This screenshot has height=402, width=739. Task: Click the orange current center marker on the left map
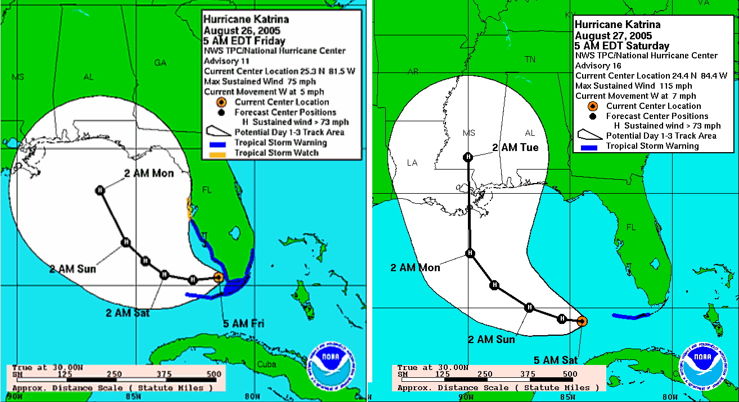219,277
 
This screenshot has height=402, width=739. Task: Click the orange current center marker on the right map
582,321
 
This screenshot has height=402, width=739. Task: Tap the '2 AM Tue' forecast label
515,148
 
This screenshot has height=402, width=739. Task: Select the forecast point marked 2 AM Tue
468,157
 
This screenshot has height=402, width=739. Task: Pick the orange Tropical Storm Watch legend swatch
220,153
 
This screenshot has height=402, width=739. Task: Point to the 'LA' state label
412,163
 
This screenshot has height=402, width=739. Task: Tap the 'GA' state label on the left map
160,63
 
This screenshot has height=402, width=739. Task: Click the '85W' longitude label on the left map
134,398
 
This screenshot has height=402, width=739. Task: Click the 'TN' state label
530,59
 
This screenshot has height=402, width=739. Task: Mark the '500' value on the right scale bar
569,374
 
